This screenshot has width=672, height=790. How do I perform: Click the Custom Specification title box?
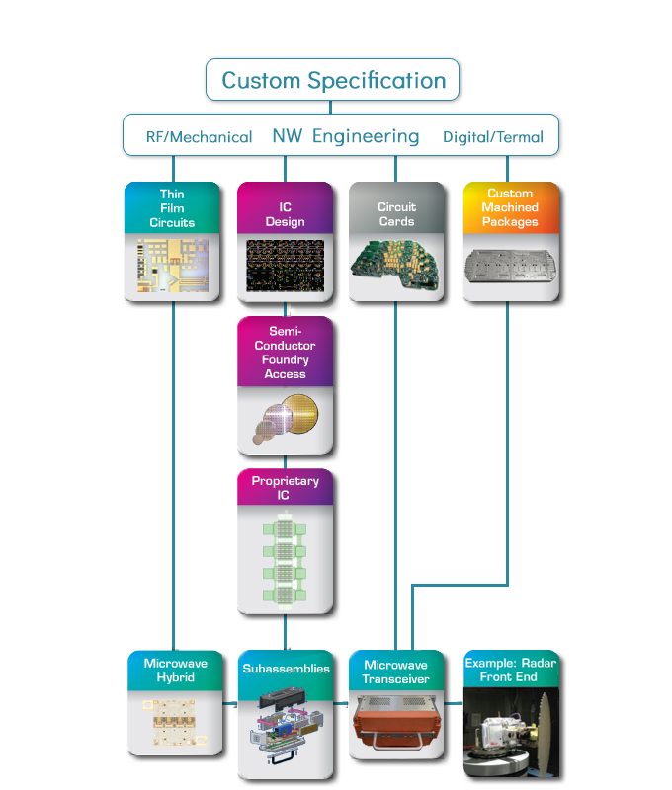(x=332, y=80)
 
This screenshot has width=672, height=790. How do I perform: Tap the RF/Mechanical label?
(x=199, y=137)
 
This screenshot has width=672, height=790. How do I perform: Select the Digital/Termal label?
(x=492, y=137)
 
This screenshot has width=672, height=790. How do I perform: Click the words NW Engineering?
(x=345, y=136)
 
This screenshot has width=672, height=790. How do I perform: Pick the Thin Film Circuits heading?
(x=172, y=208)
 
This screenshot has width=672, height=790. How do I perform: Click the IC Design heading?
(x=285, y=214)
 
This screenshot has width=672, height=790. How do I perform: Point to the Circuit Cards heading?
(x=396, y=214)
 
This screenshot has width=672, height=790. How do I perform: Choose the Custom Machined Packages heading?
(x=509, y=208)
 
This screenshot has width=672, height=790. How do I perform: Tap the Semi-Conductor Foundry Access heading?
(x=285, y=353)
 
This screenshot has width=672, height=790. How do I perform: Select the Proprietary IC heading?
(x=285, y=488)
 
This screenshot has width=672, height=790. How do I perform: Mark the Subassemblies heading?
(x=286, y=670)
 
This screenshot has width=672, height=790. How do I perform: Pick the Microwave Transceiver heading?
(x=395, y=672)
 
